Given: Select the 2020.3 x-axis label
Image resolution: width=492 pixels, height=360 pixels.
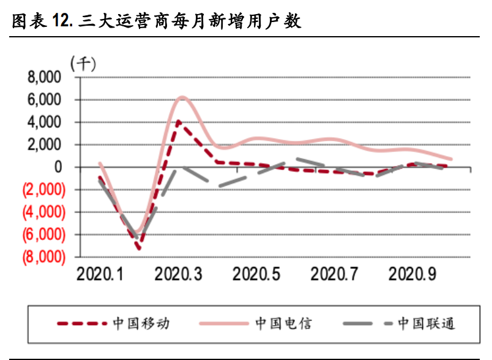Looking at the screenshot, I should (178, 274).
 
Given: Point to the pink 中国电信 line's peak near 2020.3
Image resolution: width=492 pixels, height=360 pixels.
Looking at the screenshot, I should (182, 97).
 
